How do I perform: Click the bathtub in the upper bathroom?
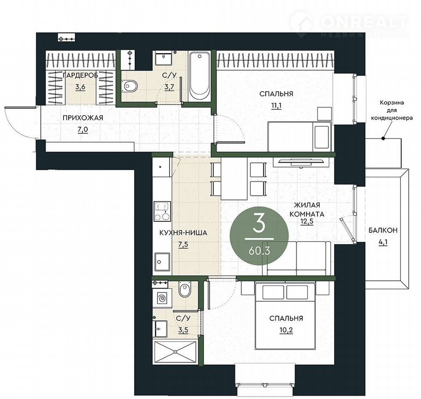pyautogui.click(x=200, y=76)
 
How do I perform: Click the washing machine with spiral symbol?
pyautogui.click(x=162, y=298)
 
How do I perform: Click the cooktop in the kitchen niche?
pyautogui.click(x=162, y=212)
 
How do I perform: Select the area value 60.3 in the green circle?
pyautogui.click(x=259, y=251)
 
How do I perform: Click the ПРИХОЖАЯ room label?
pyautogui.click(x=83, y=118)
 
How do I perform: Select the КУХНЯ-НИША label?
pyautogui.click(x=183, y=232)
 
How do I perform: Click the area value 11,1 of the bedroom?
pyautogui.click(x=276, y=105)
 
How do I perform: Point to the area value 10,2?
pyautogui.click(x=286, y=330)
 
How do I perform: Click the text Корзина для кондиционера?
pyautogui.click(x=392, y=110)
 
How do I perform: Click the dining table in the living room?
pyautogui.click(x=234, y=179)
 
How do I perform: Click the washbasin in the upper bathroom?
pyautogui.click(x=163, y=58)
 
